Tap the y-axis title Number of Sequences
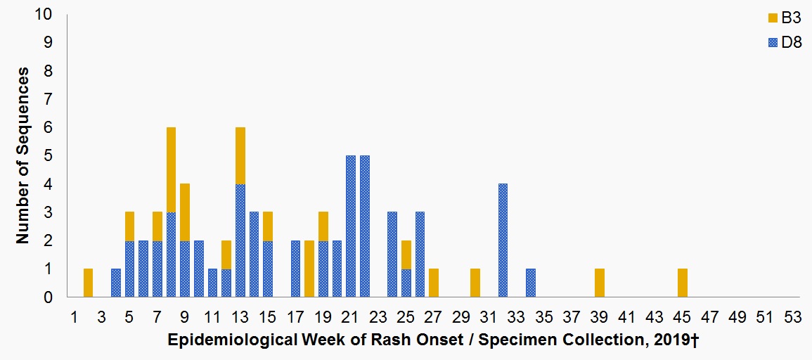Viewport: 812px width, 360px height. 22,155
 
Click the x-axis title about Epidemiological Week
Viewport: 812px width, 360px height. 432,341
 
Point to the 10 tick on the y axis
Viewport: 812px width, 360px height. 48,15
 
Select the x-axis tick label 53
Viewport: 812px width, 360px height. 793,316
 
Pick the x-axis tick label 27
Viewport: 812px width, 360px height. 433,316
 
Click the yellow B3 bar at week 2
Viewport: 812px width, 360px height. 88,283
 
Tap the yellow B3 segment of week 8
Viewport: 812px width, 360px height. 171,169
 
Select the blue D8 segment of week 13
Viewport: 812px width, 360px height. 240,240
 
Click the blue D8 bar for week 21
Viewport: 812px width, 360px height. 351,226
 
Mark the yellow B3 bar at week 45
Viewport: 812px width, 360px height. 683,283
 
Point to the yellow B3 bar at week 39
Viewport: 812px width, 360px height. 600,283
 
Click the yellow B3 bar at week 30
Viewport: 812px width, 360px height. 475,283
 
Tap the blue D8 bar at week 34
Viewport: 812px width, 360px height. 531,283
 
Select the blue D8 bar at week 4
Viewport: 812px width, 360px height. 116,283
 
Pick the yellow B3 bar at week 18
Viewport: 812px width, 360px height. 309,269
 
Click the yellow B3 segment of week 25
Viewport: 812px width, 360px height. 406,255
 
